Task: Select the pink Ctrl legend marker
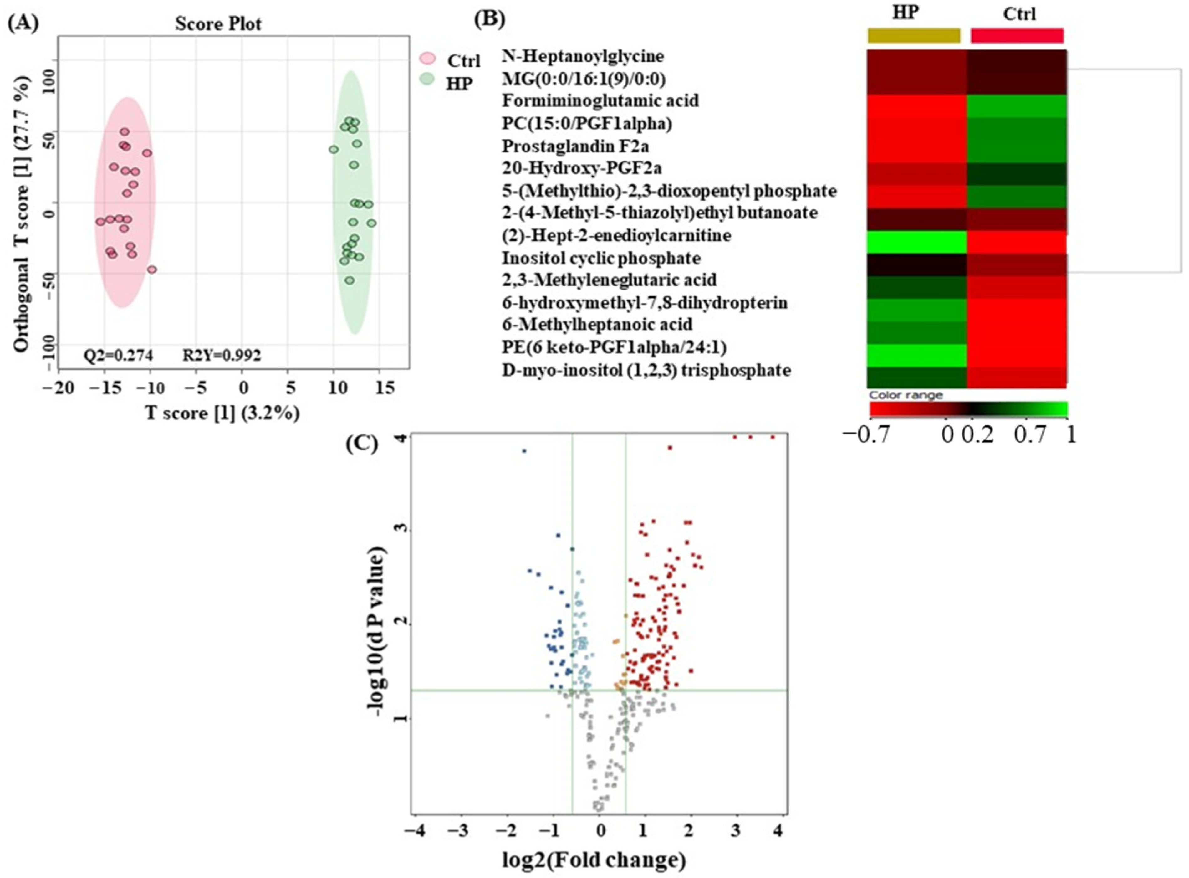click(x=428, y=59)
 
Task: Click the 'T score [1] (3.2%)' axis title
click(x=222, y=413)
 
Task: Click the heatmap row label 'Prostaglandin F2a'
click(x=575, y=146)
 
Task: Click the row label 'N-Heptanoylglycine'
click(x=583, y=55)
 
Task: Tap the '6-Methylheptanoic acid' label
click(x=597, y=324)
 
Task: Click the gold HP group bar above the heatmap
click(x=914, y=36)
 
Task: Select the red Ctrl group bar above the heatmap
click(x=1017, y=36)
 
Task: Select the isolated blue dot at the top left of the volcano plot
click(x=524, y=451)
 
